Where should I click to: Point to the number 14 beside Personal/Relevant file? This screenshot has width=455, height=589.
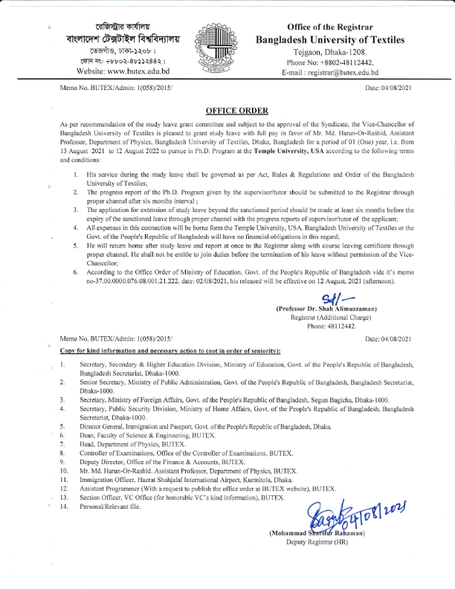click(x=63, y=506)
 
